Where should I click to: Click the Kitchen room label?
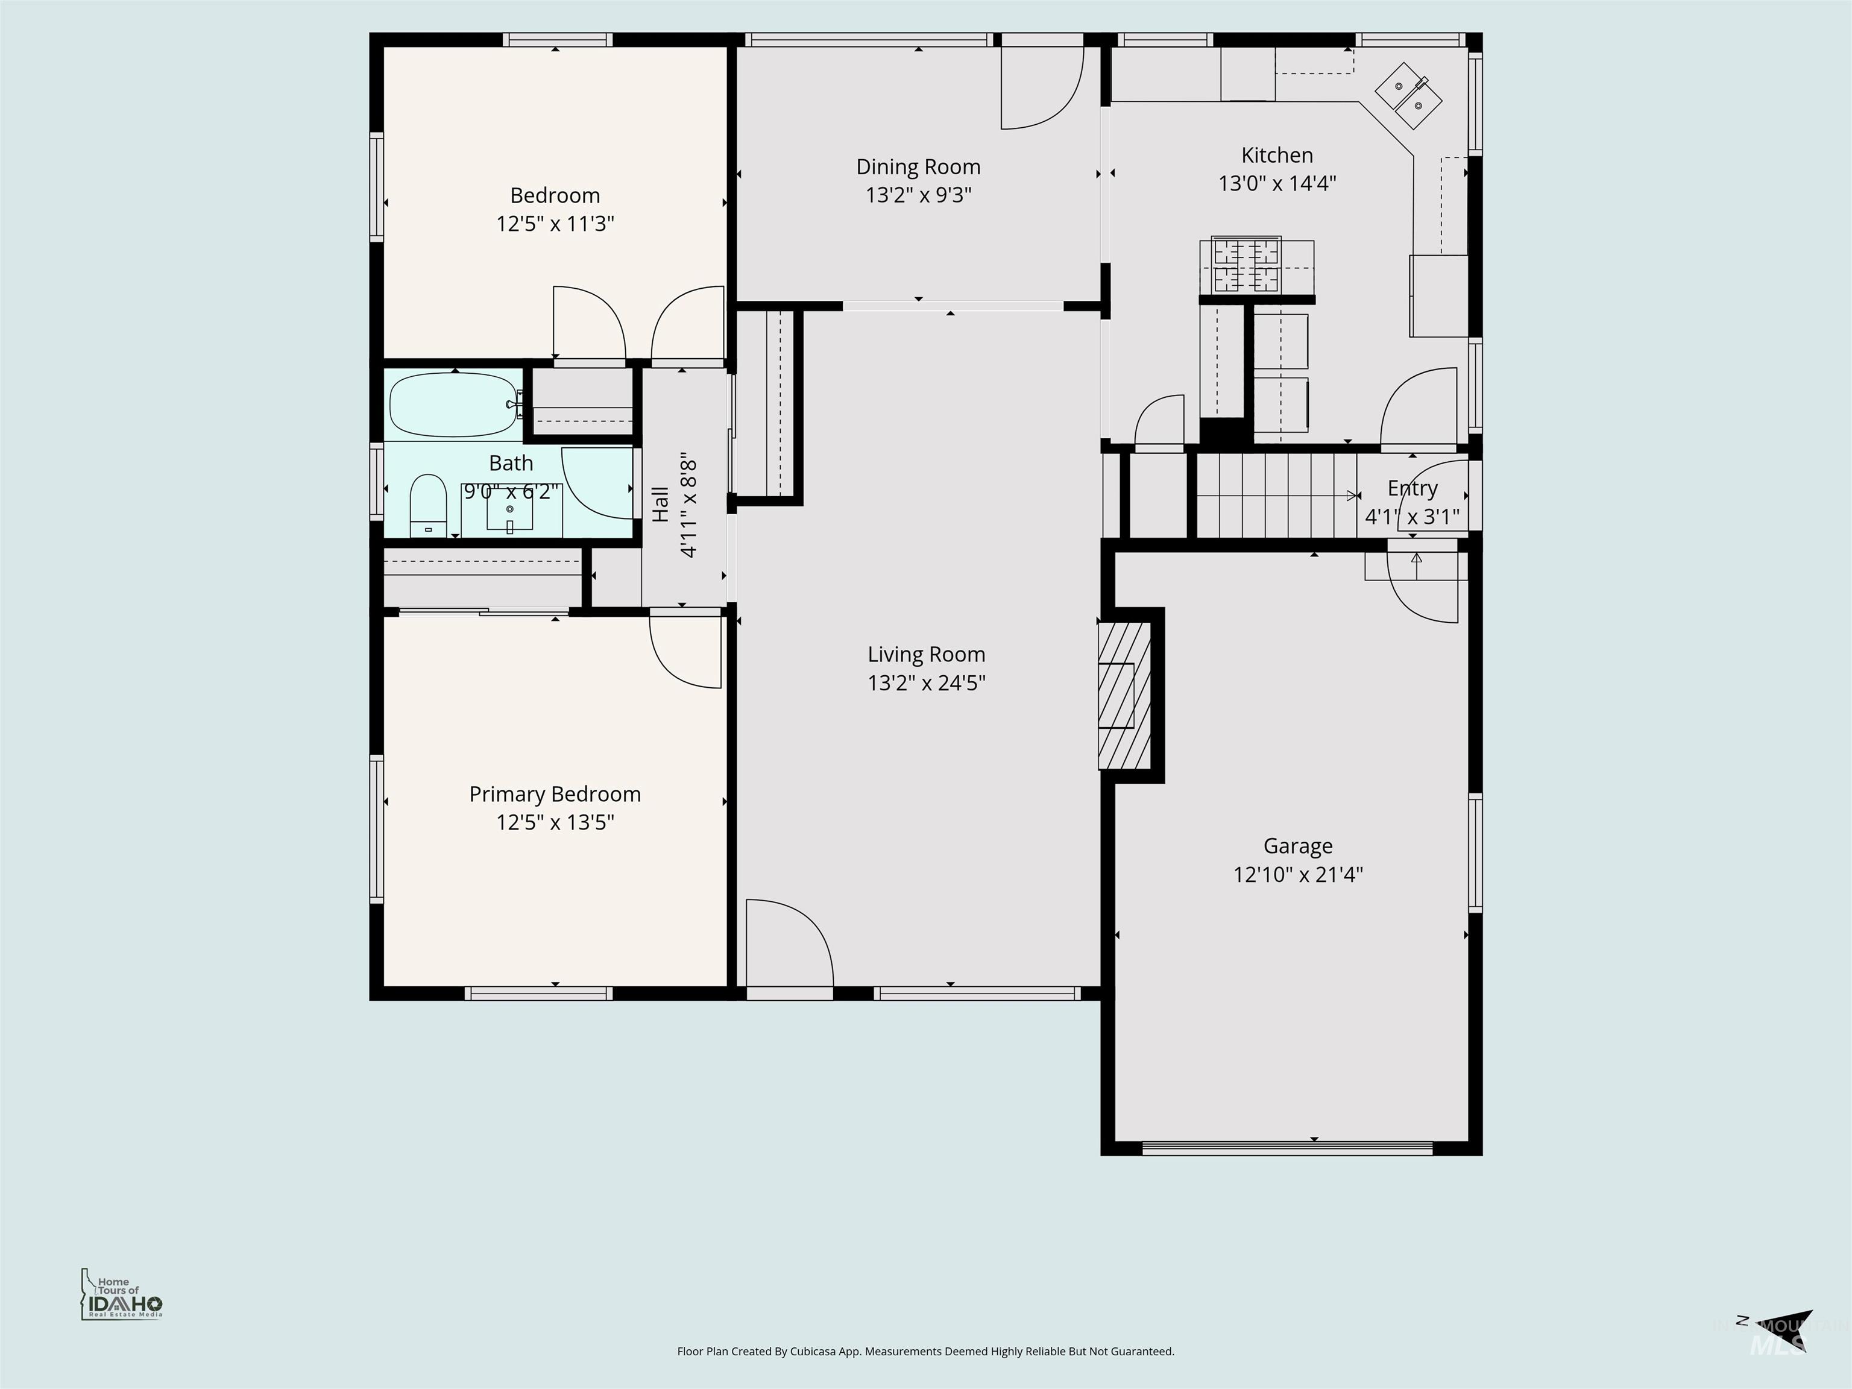click(x=1276, y=155)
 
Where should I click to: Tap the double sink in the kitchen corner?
click(x=1408, y=95)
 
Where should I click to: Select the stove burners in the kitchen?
click(x=1247, y=265)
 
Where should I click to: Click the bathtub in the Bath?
click(x=453, y=405)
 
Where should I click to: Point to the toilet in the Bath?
click(x=428, y=505)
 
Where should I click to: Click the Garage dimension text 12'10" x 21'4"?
click(x=1298, y=874)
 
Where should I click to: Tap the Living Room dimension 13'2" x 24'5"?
click(x=926, y=682)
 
